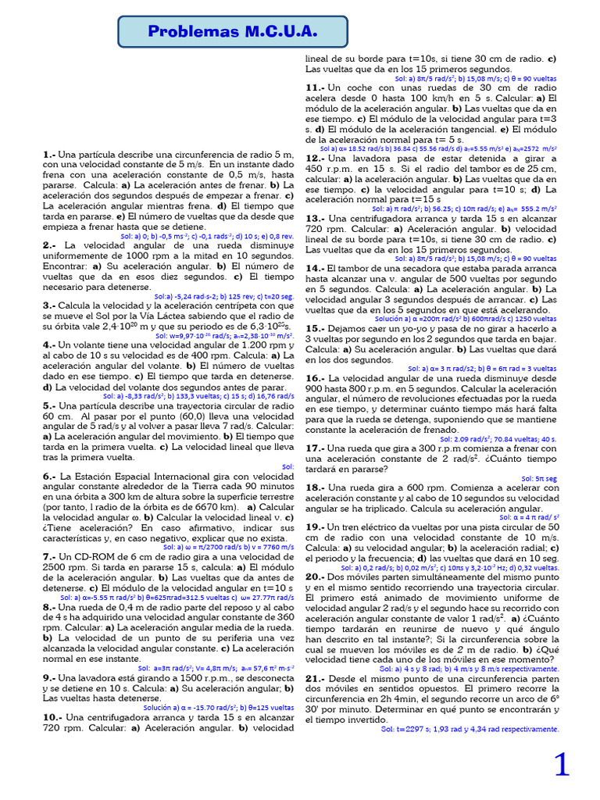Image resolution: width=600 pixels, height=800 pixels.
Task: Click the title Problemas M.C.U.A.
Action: pos(233,31)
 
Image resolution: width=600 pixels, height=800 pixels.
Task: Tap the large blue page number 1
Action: pos(562,765)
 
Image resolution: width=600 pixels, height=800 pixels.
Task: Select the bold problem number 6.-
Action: pos(49,476)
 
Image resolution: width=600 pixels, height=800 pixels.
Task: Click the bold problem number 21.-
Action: pos(315,678)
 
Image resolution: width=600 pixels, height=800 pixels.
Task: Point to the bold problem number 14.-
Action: pos(314,267)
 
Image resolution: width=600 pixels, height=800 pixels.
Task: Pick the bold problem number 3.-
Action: pos(49,305)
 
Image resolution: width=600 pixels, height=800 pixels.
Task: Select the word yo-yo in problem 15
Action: pos(409,328)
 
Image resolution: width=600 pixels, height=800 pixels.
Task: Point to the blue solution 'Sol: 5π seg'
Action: pos(539,478)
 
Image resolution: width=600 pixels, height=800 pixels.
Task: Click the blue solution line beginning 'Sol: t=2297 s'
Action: pos(470,729)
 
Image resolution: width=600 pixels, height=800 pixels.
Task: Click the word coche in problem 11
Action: pos(361,87)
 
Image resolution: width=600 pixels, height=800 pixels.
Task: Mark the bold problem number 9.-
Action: pos(49,678)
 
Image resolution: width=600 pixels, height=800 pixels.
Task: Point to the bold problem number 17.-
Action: pos(314,448)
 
